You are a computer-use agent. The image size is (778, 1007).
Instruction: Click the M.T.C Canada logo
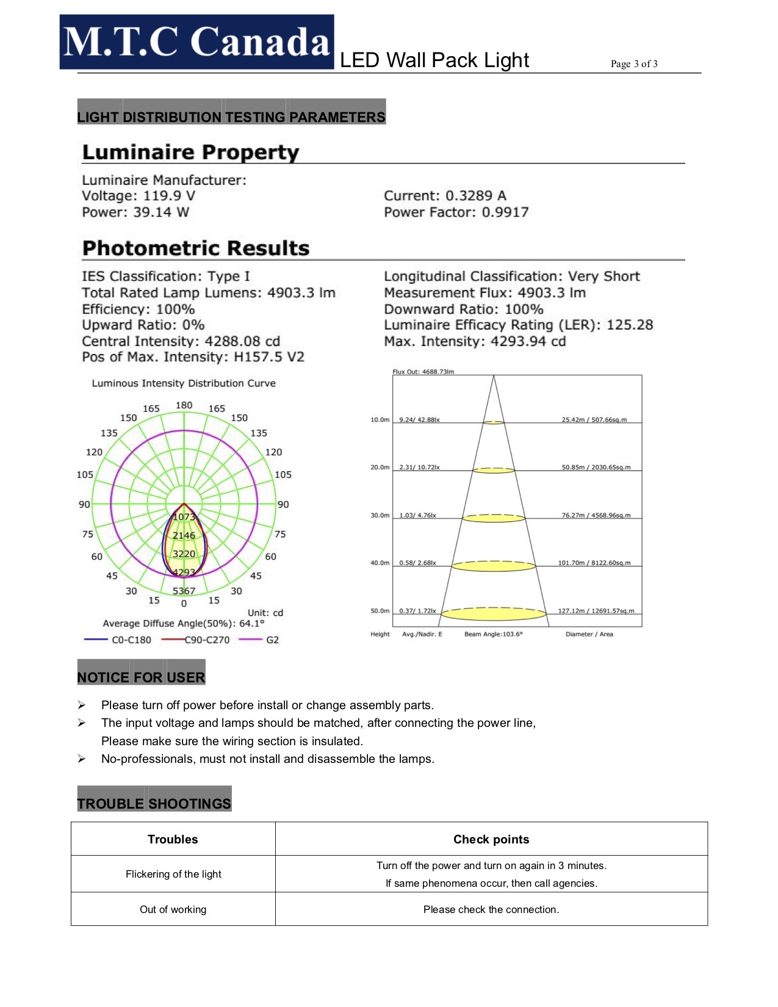coord(196,42)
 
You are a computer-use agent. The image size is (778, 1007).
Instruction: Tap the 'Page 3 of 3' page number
coord(634,63)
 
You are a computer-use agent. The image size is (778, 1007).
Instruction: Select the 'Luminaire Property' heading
coord(190,152)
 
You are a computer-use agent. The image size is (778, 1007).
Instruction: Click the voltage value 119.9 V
coord(169,196)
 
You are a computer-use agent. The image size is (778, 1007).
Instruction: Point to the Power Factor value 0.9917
coord(505,212)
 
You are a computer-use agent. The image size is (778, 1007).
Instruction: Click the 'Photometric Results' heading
coord(196,248)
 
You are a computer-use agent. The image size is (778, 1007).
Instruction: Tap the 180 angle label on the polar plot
coord(184,405)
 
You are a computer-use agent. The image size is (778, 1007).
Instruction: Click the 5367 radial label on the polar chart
coord(184,591)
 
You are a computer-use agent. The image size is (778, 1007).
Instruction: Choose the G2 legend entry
coord(272,640)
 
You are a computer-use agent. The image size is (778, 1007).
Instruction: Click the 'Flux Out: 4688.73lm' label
coord(423,371)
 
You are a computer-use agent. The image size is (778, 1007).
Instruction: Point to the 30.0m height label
coord(380,515)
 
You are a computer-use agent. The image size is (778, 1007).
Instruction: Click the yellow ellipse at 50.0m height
coord(494,614)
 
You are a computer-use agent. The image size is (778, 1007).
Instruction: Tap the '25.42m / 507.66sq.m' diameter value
coord(594,419)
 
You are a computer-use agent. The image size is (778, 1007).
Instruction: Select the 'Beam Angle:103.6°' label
coord(493,634)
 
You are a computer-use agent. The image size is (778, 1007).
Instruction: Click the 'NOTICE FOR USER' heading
coord(141,677)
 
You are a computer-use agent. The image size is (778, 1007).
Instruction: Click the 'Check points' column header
coord(491,839)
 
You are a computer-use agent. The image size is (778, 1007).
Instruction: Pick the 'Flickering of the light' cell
coord(173,874)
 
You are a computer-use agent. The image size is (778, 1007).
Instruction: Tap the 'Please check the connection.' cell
coord(491,909)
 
